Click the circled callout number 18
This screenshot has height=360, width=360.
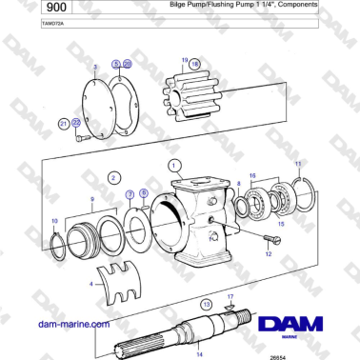(x=195, y=64)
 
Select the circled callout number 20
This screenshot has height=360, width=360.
(x=128, y=64)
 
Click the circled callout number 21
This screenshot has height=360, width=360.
(x=64, y=123)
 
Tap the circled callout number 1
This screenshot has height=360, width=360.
(x=174, y=164)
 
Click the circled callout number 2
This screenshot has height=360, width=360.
(x=113, y=177)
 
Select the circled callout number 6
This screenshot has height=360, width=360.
(x=143, y=192)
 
